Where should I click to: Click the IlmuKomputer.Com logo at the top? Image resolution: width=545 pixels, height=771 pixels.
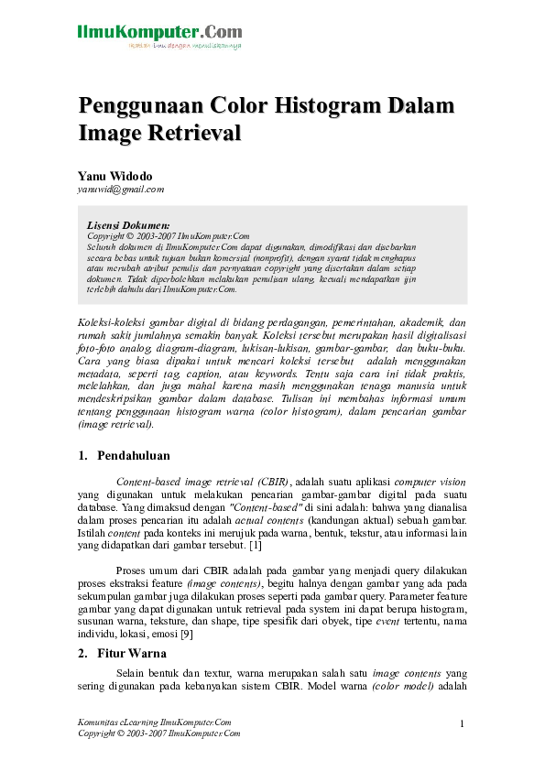(x=159, y=36)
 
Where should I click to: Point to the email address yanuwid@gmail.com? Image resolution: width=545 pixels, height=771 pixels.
(x=121, y=190)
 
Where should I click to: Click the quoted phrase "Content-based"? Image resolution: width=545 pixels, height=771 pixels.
(x=267, y=504)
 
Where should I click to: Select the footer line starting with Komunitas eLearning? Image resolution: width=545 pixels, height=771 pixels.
(x=155, y=722)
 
